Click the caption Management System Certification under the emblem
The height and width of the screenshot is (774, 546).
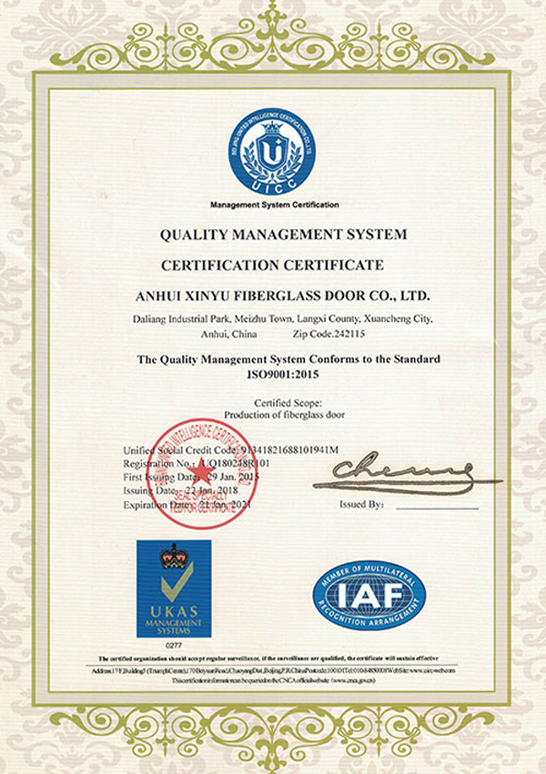point(274,206)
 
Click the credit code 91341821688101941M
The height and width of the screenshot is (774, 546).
point(288,450)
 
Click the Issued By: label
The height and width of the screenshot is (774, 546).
point(361,504)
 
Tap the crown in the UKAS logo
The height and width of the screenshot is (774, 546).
point(173,558)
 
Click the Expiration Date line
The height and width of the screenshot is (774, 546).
point(191,504)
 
